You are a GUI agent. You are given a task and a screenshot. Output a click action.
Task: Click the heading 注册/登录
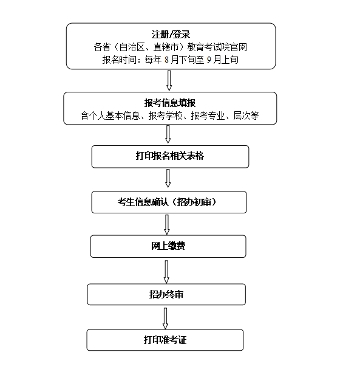171,35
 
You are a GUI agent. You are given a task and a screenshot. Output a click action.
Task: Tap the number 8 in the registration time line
166,60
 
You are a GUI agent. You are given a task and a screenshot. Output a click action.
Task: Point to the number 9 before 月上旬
209,60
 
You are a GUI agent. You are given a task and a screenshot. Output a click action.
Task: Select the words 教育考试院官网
217,47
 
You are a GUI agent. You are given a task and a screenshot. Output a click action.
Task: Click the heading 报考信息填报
170,103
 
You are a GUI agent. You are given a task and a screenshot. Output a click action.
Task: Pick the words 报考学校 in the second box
165,115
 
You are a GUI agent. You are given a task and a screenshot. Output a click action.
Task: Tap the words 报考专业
208,115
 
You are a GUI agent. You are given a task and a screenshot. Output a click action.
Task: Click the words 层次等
246,115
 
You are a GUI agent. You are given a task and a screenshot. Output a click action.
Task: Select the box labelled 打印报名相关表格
170,157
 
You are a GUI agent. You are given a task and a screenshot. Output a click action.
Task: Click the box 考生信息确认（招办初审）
169,202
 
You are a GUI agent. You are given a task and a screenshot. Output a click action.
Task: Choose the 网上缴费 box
168,246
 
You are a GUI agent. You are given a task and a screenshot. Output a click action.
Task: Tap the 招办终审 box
166,294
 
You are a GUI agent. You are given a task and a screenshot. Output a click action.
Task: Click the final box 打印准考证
165,340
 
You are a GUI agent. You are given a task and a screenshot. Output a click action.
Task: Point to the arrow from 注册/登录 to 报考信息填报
169,80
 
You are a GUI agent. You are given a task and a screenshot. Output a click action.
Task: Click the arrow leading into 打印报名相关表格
168,134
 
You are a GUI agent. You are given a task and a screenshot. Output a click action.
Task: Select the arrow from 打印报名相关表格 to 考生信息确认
168,178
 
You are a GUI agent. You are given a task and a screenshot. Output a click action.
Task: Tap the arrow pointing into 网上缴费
167,225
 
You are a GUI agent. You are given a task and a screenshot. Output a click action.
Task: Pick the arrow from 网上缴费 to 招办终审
166,272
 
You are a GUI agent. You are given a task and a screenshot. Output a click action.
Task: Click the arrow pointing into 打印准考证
165,319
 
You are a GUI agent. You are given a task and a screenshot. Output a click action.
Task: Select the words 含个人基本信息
110,115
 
